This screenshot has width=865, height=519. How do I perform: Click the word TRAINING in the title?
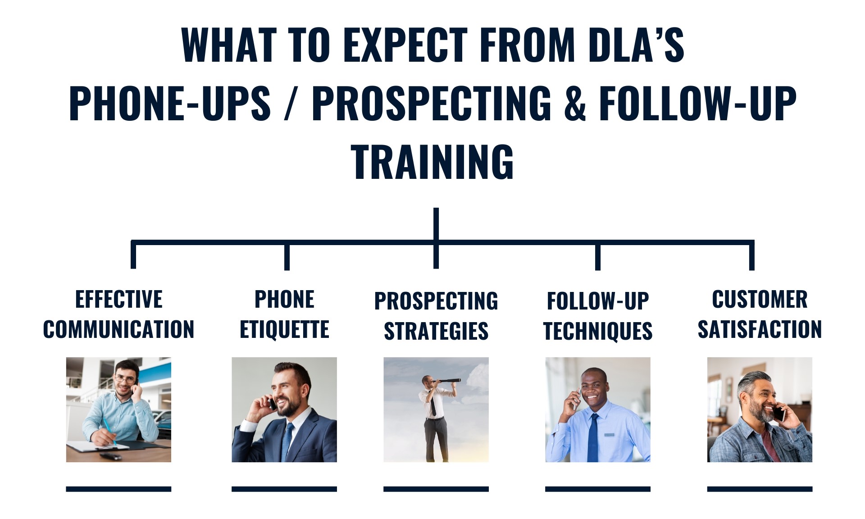pyautogui.click(x=432, y=162)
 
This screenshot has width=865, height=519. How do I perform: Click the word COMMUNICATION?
pyautogui.click(x=118, y=329)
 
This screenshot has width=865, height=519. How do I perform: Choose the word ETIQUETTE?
pyautogui.click(x=284, y=329)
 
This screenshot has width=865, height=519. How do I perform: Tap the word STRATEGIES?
pyautogui.click(x=436, y=331)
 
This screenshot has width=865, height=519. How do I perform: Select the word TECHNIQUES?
pyautogui.click(x=598, y=331)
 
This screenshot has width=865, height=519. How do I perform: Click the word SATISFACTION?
pyautogui.click(x=760, y=329)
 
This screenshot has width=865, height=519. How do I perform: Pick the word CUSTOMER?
pyautogui.click(x=760, y=300)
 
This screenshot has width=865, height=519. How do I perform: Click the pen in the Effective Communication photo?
pyautogui.click(x=108, y=430)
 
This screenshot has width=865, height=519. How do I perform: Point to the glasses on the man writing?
pyautogui.click(x=125, y=380)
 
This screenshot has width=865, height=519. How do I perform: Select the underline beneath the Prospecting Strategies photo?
pyautogui.click(x=436, y=489)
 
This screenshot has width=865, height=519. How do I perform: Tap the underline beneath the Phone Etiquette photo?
pyautogui.click(x=284, y=489)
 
